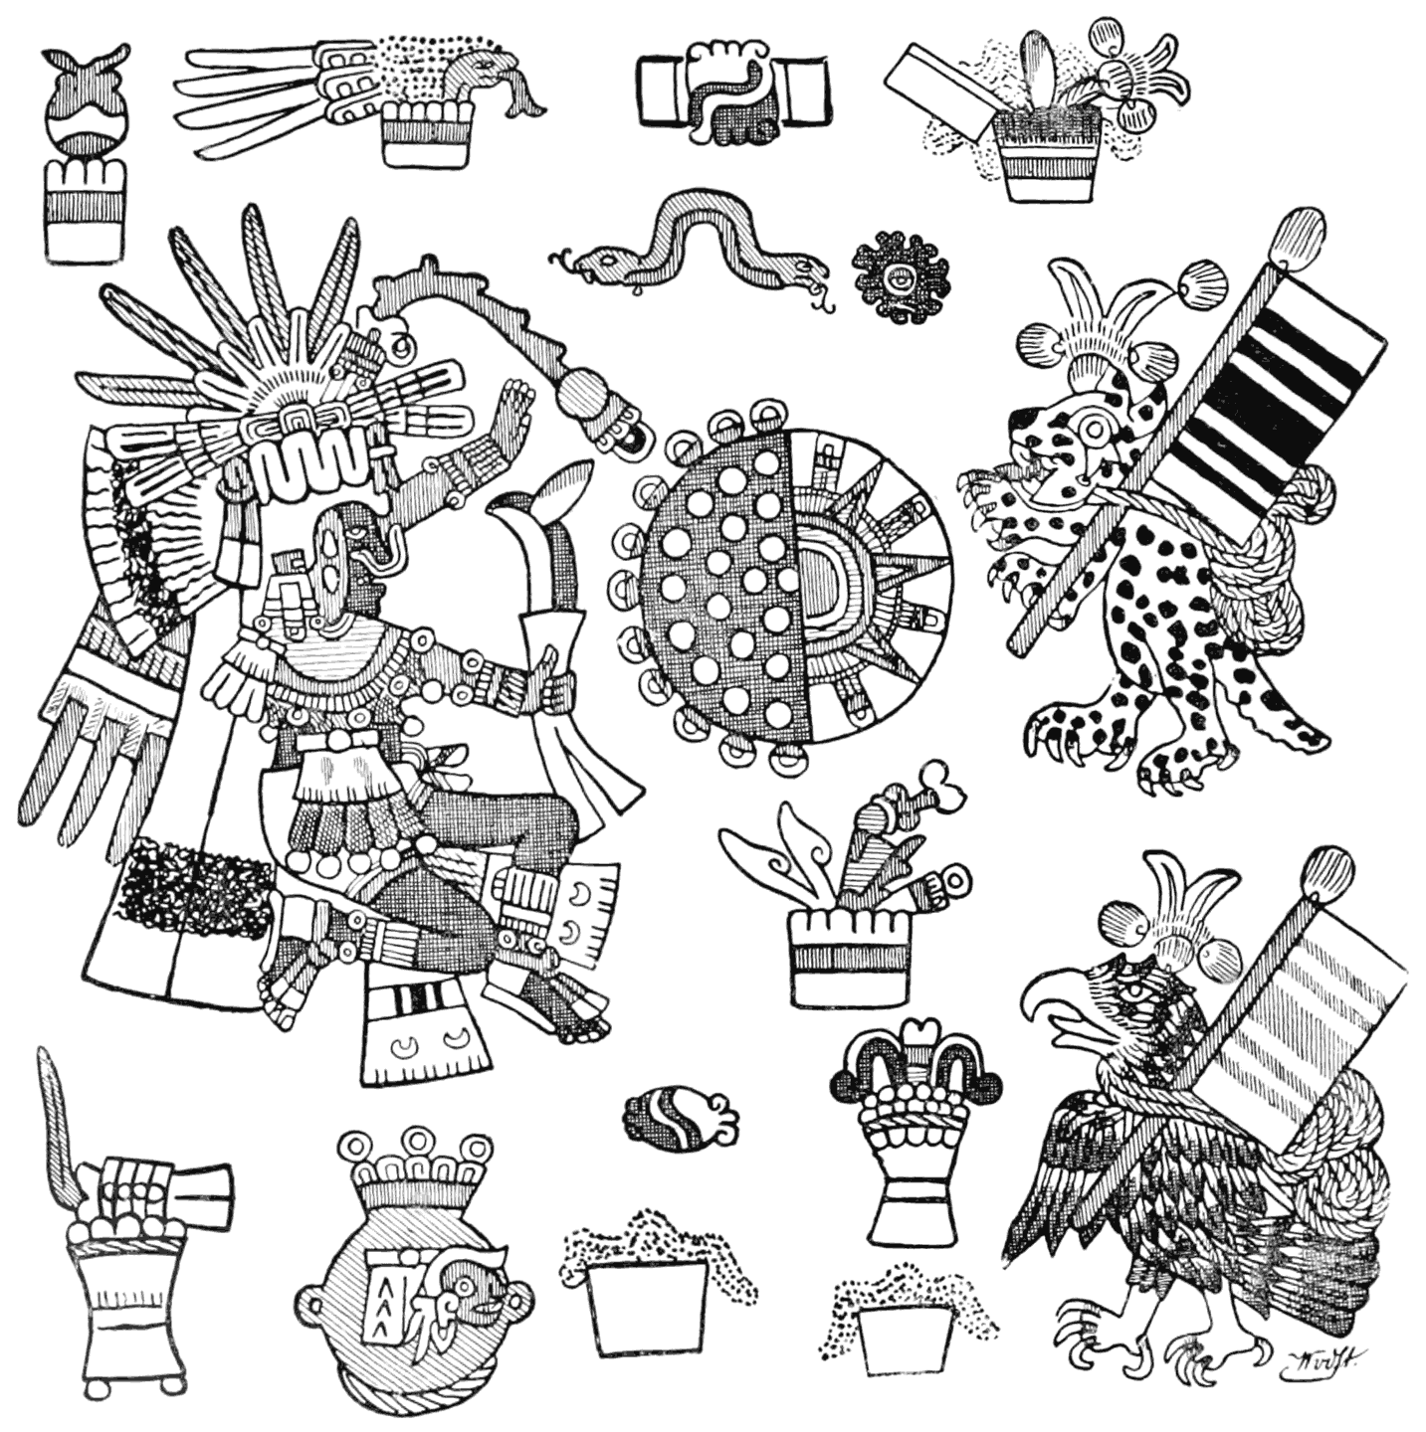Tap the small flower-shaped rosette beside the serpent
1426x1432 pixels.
point(900,276)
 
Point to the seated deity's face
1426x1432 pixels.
point(343,557)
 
